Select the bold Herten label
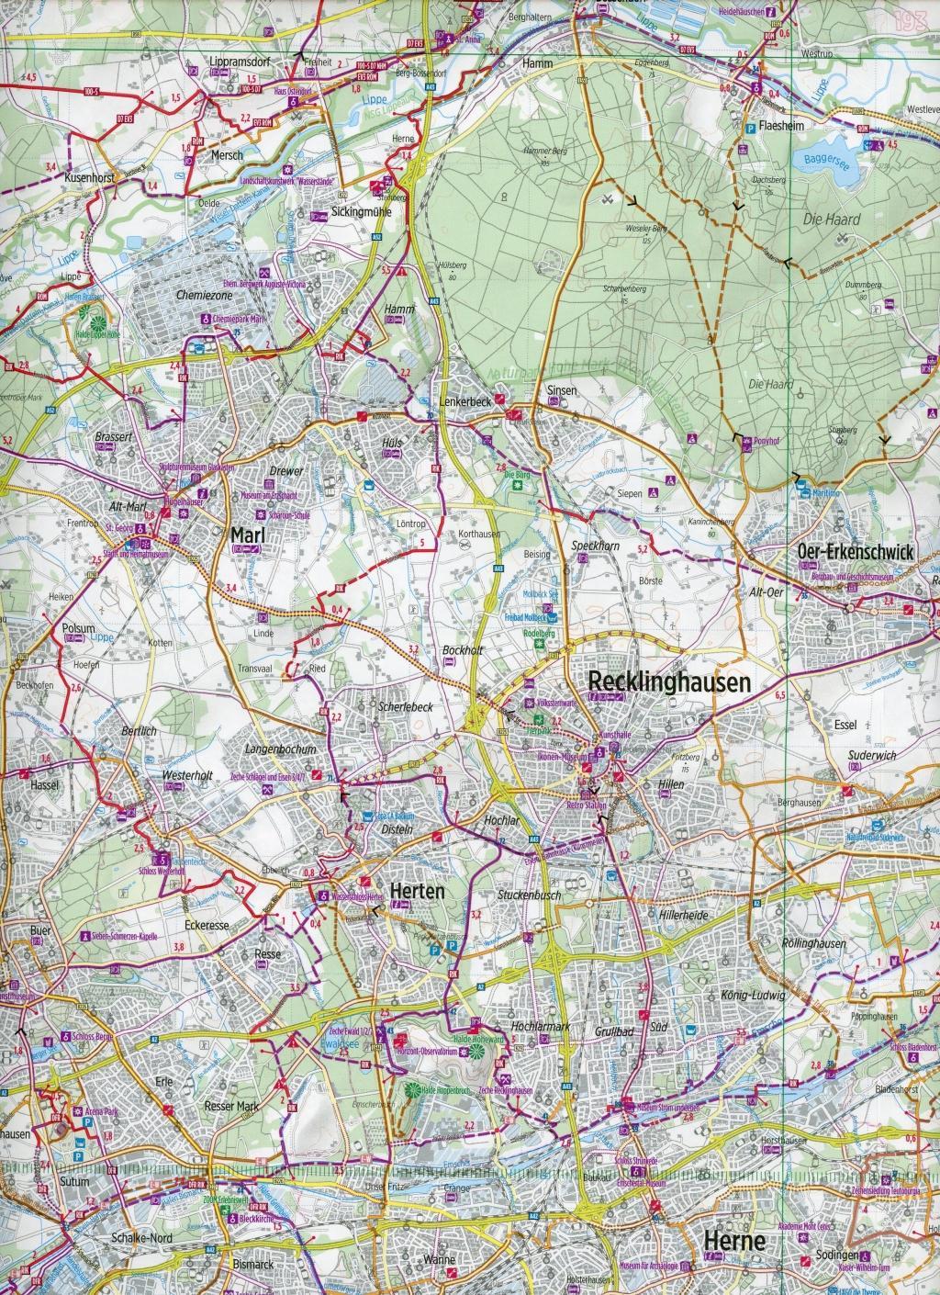click(x=417, y=891)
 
